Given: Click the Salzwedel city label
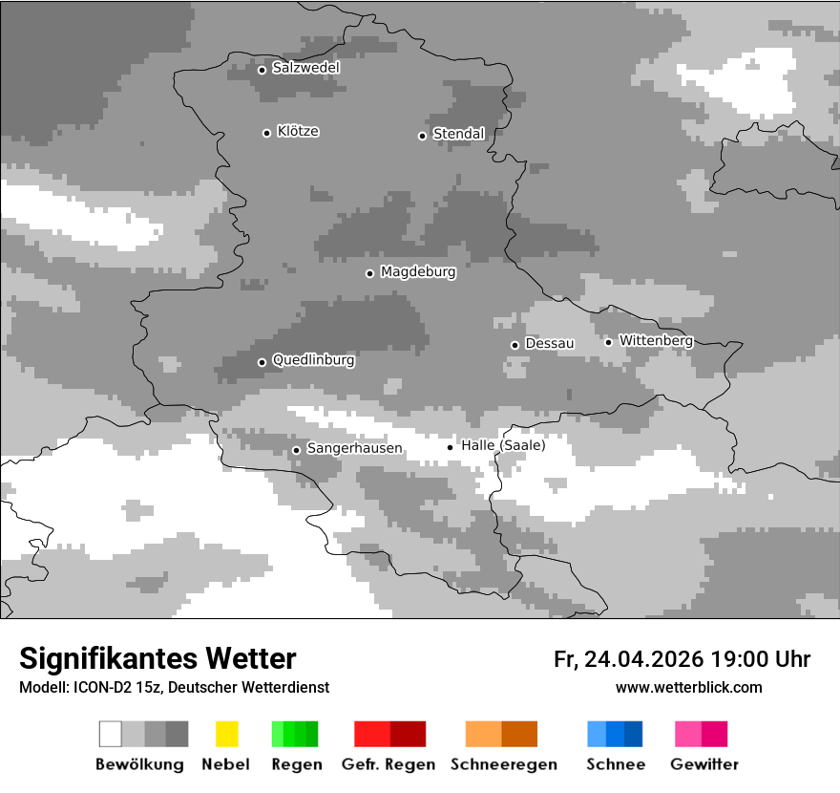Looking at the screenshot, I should (305, 68).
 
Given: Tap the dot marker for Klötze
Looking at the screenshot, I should (266, 133).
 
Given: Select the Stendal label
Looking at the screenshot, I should (458, 134).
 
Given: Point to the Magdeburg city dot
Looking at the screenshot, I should (369, 273).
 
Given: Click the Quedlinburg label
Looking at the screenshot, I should (313, 360).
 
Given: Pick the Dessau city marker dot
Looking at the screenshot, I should (514, 345).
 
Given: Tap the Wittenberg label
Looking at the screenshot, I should (656, 340).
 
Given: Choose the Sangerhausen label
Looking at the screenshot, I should (354, 448).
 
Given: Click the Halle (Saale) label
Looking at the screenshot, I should (503, 445).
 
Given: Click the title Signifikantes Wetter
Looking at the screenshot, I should (157, 658).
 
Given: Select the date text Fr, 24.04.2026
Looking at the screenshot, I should (628, 659).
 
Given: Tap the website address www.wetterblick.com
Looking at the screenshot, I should (688, 687).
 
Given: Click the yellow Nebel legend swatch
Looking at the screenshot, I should (227, 734).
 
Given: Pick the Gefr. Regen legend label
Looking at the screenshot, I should (388, 764).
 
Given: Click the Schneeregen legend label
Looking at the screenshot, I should (503, 764).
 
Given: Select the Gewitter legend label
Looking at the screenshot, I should (704, 764).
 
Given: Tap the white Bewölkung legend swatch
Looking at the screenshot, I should (111, 734).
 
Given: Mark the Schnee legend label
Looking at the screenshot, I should (616, 764).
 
